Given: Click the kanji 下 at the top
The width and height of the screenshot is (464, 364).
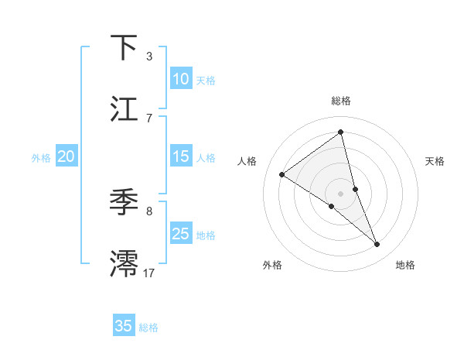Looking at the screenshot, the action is click(x=125, y=47).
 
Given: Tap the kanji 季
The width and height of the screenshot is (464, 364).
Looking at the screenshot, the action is click(x=125, y=202).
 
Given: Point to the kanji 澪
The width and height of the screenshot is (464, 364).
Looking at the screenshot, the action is click(x=125, y=263).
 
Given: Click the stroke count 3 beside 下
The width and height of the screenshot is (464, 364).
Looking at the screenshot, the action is click(x=149, y=57).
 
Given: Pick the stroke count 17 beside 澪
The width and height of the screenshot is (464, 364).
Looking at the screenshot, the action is click(x=149, y=273).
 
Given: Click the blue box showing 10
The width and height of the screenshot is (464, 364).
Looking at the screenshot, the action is click(x=181, y=79).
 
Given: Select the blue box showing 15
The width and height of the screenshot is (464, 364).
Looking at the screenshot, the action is click(x=181, y=156).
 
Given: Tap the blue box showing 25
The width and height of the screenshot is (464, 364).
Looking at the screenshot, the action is click(x=181, y=234).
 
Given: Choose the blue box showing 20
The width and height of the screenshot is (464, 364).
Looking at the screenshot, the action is click(x=67, y=156).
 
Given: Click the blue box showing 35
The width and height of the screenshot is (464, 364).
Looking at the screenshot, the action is click(x=124, y=326).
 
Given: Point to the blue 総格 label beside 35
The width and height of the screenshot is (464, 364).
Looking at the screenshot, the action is click(x=148, y=328).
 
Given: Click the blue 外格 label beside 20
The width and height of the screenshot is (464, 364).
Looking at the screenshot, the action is click(x=41, y=158).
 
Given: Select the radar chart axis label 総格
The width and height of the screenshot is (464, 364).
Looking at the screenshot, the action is click(x=341, y=101).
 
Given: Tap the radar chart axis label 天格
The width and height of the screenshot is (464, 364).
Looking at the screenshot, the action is click(x=435, y=161).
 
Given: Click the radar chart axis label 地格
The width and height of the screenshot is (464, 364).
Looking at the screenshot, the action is click(x=405, y=265).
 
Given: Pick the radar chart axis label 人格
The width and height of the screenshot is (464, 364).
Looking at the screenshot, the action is click(x=247, y=161).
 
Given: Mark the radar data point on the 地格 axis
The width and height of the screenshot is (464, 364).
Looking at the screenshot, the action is click(x=377, y=245).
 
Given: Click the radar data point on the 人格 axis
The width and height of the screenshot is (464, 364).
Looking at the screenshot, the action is click(x=282, y=174).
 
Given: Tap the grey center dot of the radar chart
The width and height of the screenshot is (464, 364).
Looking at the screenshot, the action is click(x=341, y=193).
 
